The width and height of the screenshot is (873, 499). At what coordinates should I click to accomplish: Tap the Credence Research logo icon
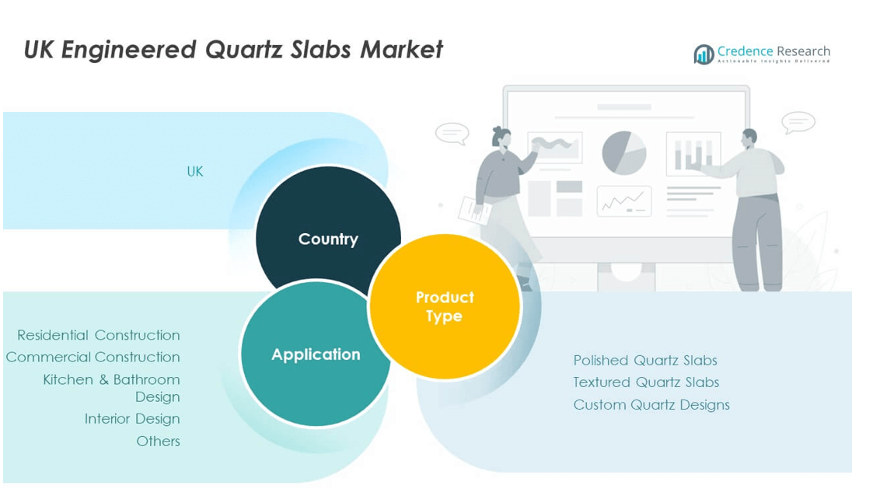coord(704,54)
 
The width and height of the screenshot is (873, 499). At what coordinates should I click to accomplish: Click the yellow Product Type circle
coord(445,306)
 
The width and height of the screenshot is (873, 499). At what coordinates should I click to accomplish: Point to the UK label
coord(195,172)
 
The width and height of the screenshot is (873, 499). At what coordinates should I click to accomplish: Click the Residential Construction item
coord(99,335)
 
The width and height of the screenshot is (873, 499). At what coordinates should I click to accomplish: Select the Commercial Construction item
coord(93,357)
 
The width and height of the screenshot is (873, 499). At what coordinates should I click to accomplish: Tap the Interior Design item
coord(132,419)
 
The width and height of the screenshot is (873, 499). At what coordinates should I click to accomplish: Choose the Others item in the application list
coord(158,441)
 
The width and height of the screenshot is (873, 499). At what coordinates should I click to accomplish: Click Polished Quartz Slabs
coord(645,361)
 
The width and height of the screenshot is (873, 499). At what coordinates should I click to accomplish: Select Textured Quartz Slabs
coord(647,382)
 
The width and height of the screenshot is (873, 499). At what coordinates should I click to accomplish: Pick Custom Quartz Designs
coord(651,405)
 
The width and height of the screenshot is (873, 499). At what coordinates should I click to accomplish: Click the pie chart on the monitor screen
coord(624,152)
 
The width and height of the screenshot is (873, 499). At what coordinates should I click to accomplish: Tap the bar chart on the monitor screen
coord(693,154)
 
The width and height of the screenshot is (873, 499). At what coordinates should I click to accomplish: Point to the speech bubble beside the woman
coord(452,134)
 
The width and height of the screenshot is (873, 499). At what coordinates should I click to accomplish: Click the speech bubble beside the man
coord(798,123)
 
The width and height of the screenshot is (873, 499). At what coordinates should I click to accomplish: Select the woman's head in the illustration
coord(501,137)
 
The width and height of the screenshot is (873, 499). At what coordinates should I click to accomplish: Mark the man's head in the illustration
coord(749,138)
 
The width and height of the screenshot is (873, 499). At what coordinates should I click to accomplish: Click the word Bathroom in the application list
coord(146,380)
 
